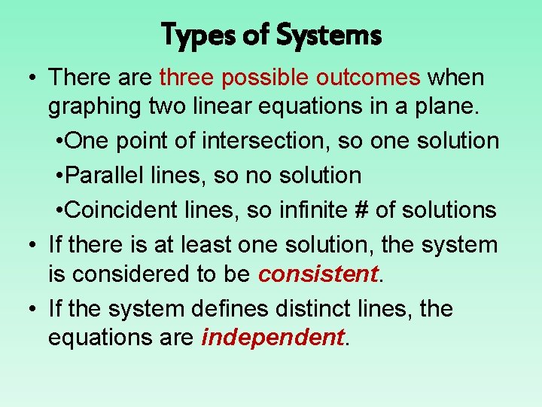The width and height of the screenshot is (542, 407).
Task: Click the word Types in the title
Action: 197,35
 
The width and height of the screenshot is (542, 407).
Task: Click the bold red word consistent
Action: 317,274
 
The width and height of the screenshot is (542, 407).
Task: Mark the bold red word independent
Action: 273,338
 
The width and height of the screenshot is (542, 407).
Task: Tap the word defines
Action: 232,309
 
